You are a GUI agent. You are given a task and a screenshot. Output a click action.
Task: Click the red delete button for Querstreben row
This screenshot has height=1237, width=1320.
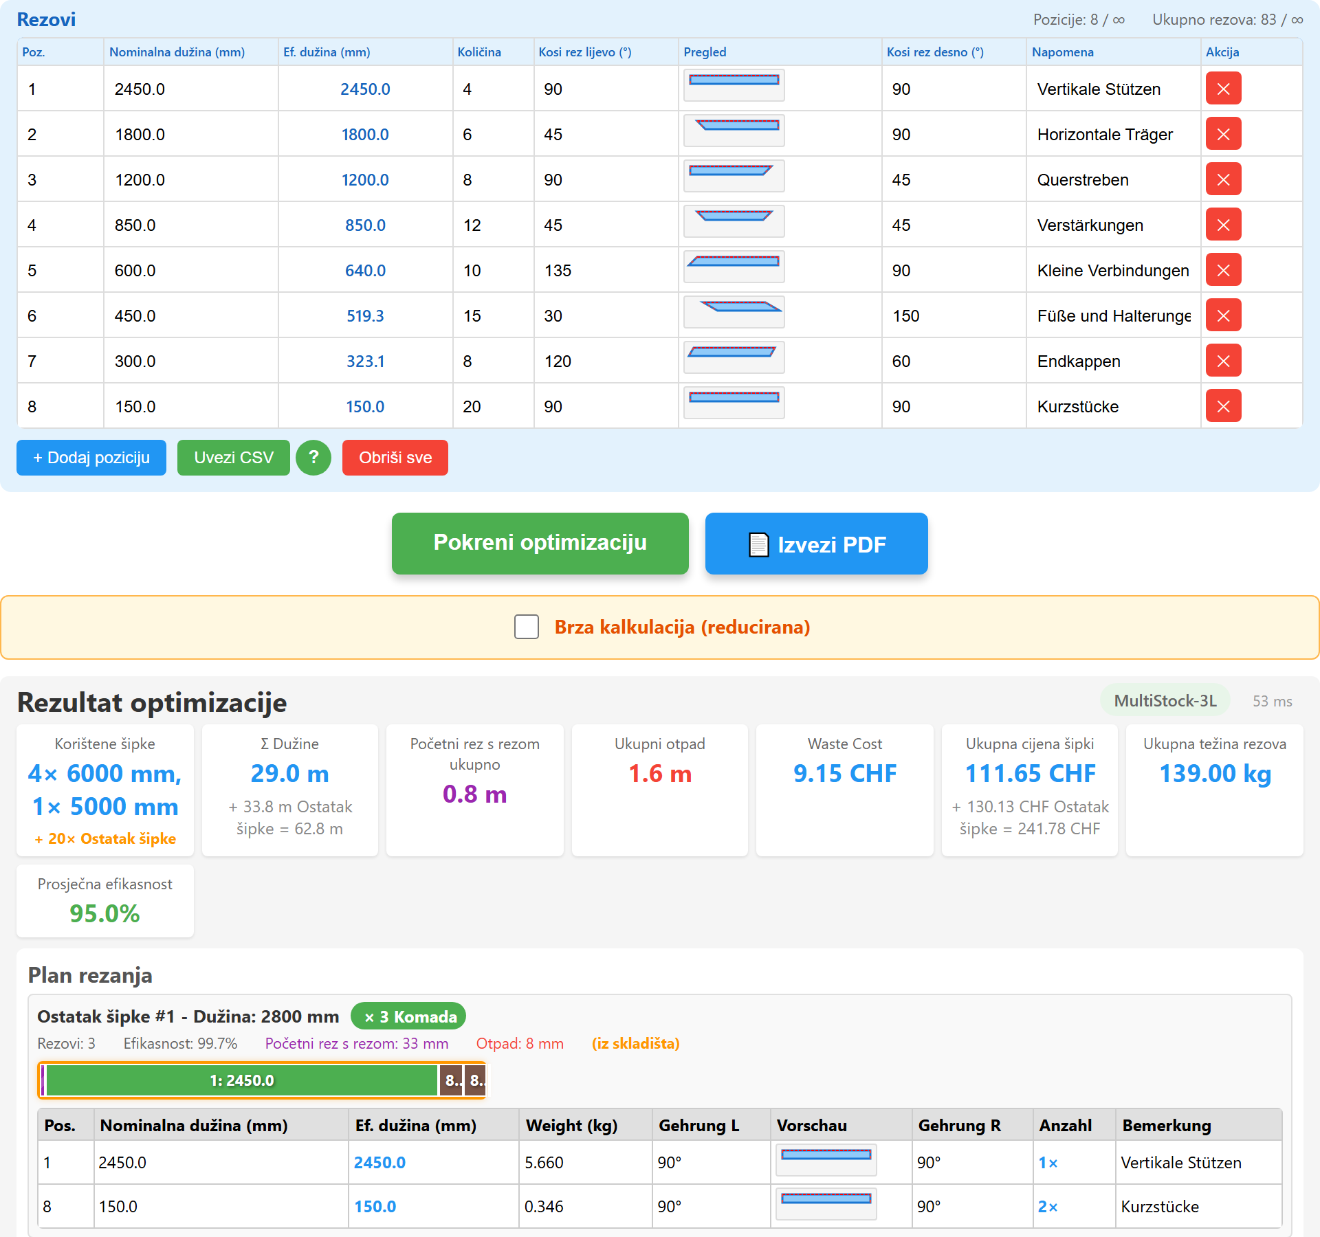point(1223,179)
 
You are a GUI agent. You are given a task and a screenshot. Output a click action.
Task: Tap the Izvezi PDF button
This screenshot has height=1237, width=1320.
point(816,544)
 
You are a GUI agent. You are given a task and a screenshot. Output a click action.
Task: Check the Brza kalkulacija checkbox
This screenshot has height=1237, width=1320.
point(527,627)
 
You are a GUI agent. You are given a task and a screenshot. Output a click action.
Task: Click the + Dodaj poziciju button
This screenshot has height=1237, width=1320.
point(91,458)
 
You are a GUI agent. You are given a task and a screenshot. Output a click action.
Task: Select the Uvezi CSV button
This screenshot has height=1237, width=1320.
point(234,458)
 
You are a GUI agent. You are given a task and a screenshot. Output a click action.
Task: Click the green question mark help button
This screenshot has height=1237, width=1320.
point(313,458)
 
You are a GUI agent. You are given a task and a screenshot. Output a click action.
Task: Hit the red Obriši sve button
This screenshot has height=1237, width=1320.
point(395,458)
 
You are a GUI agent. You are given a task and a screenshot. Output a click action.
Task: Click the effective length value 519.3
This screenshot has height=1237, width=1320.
point(365,316)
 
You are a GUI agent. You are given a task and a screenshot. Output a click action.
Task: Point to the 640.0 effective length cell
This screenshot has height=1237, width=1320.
point(365,271)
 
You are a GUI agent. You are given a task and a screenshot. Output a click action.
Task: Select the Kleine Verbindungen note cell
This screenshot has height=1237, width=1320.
point(1113,271)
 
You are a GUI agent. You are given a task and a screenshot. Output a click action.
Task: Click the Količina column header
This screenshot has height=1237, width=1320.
point(479,52)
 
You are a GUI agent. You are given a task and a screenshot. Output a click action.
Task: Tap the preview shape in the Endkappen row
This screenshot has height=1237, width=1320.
point(732,352)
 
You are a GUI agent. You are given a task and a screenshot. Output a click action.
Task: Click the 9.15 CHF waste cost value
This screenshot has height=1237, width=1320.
point(845,774)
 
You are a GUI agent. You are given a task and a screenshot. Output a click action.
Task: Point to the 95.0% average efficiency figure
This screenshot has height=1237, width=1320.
point(104,914)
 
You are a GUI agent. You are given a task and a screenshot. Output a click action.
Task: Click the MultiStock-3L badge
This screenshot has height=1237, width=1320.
point(1165,701)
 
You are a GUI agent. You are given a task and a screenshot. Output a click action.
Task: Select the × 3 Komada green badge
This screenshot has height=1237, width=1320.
point(408,1017)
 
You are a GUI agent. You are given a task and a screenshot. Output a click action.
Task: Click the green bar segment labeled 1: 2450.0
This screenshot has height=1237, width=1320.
point(242,1080)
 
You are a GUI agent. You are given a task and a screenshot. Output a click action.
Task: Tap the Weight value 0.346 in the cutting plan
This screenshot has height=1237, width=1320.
point(544,1207)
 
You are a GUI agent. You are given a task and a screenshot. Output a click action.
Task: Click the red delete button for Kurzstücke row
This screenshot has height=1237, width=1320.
point(1223,406)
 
